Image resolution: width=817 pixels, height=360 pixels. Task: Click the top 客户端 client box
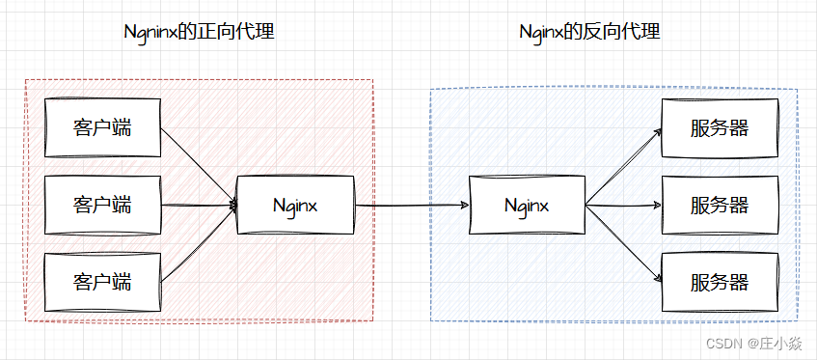pos(102,127)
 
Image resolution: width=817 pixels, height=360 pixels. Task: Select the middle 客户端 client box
pos(102,205)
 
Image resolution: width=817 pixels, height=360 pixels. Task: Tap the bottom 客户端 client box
pos(102,282)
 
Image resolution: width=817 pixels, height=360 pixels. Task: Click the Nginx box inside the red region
pos(295,205)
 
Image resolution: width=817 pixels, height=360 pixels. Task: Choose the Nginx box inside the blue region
pos(527,205)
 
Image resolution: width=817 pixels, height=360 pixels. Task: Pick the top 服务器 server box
pos(719,127)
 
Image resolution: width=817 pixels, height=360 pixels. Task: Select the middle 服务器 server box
pos(719,205)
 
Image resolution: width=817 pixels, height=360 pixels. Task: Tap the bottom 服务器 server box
pos(719,282)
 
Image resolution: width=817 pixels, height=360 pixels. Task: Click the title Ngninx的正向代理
pos(200,32)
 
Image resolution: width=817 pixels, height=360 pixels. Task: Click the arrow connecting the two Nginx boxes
pos(411,205)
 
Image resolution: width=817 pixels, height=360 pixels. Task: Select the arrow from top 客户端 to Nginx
pos(198,164)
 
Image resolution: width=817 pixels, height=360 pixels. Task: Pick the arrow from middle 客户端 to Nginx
pos(198,205)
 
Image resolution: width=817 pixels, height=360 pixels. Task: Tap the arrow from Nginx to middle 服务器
pos(622,205)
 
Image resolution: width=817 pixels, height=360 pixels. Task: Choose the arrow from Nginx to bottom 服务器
pos(622,243)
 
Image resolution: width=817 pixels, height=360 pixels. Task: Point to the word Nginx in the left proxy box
pos(295,205)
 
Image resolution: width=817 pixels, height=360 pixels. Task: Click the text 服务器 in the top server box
pos(720,127)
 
